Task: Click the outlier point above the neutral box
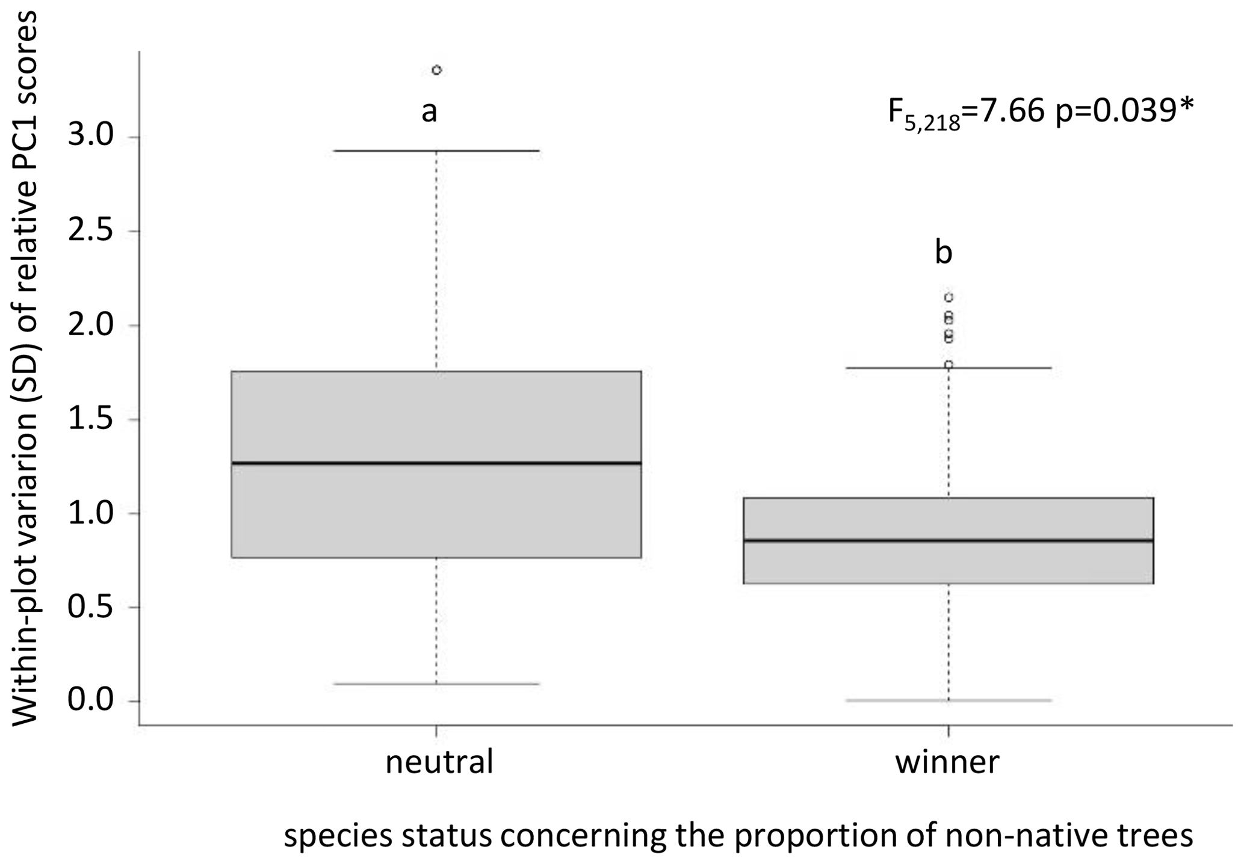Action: pos(437,70)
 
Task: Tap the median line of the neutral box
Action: pos(436,463)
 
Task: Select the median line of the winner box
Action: pos(948,540)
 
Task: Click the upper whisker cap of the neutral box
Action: pos(436,150)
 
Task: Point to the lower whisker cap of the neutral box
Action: pos(436,683)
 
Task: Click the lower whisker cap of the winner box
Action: pos(948,700)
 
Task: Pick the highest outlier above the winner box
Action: pos(948,297)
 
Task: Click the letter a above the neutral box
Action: pos(429,111)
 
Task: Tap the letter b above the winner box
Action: pos(943,253)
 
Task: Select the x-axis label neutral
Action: pos(439,762)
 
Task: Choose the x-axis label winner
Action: pos(947,762)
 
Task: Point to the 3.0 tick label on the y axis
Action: pos(91,137)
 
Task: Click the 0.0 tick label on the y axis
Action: pos(91,701)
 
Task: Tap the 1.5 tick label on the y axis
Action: pos(91,419)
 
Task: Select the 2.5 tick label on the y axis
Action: pos(91,232)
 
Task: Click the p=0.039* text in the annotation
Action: pos(1124,111)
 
